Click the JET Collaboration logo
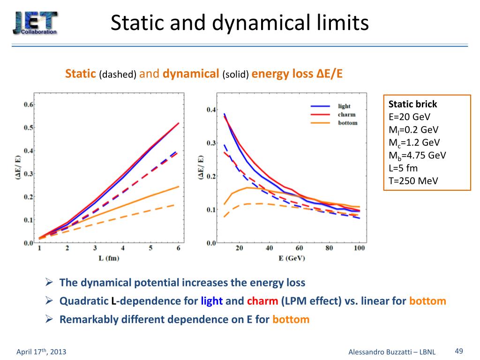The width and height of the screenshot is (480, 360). (35, 22)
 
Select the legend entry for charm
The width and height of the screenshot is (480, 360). (346, 114)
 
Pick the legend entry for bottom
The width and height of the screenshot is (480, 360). (347, 123)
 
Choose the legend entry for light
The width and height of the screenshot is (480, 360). (344, 106)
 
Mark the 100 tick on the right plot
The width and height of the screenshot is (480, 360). (359, 248)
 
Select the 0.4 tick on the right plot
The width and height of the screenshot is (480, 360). (211, 110)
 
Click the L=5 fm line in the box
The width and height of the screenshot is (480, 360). (403, 168)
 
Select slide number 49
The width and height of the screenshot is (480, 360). (459, 352)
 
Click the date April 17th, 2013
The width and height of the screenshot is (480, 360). (41, 352)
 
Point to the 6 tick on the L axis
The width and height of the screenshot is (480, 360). (178, 248)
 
